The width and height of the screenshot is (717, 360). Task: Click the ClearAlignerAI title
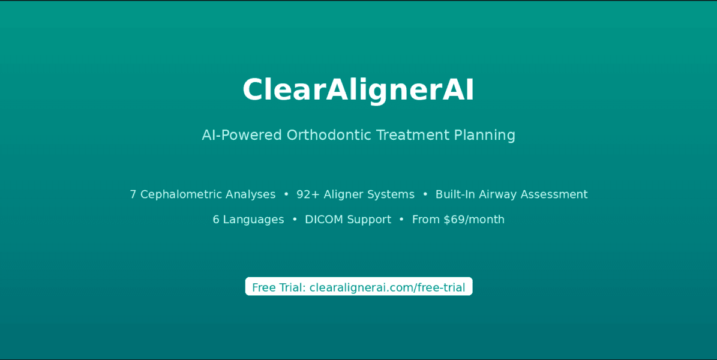[358, 90]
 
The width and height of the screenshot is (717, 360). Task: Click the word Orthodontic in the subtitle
[329, 135]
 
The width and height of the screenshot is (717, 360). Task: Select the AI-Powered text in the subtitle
[242, 135]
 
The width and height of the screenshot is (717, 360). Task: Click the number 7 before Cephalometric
[133, 194]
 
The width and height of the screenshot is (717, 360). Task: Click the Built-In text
[455, 194]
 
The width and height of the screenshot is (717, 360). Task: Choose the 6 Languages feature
[248, 220]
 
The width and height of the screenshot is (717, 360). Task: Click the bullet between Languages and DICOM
[295, 220]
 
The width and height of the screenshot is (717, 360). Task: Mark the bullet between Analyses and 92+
[286, 194]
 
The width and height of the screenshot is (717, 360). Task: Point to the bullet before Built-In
[425, 194]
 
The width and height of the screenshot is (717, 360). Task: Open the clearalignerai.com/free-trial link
[388, 288]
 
